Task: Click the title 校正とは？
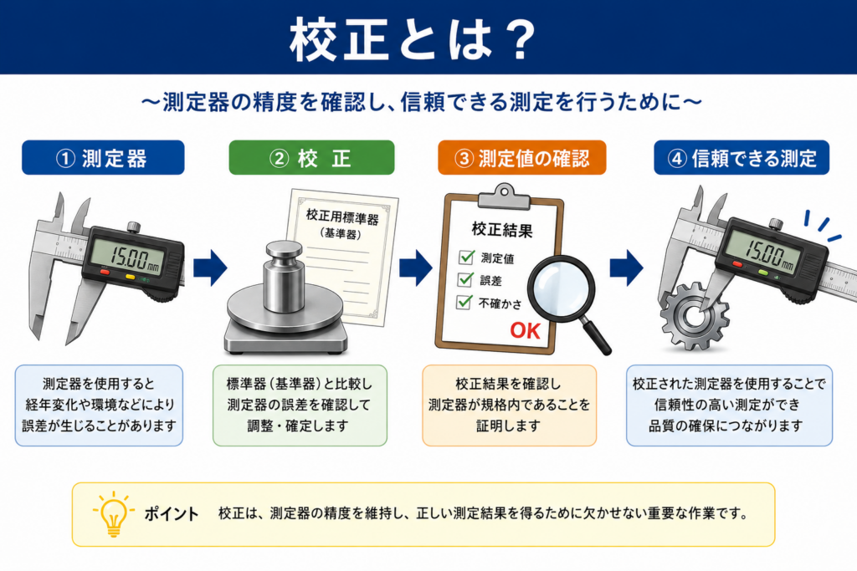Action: coord(413,39)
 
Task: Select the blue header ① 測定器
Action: coord(103,158)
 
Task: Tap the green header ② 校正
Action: coord(311,158)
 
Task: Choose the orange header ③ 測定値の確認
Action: coord(522,158)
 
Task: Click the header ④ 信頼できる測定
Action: coord(742,158)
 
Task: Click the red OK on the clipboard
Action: coord(526,331)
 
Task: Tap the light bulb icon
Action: coord(113,513)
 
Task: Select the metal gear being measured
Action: coord(694,316)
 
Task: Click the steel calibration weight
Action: coord(283,278)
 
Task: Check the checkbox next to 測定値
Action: coord(466,257)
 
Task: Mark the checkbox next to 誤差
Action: coord(465,279)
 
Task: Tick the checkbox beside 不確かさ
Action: coord(464,301)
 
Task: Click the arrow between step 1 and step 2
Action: coord(210,268)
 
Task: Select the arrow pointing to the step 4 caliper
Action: coord(627,268)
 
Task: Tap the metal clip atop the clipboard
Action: coord(504,197)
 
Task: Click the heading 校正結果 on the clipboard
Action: coord(502,230)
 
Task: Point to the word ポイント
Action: coord(171,513)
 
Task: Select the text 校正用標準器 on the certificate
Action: coord(342,217)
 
